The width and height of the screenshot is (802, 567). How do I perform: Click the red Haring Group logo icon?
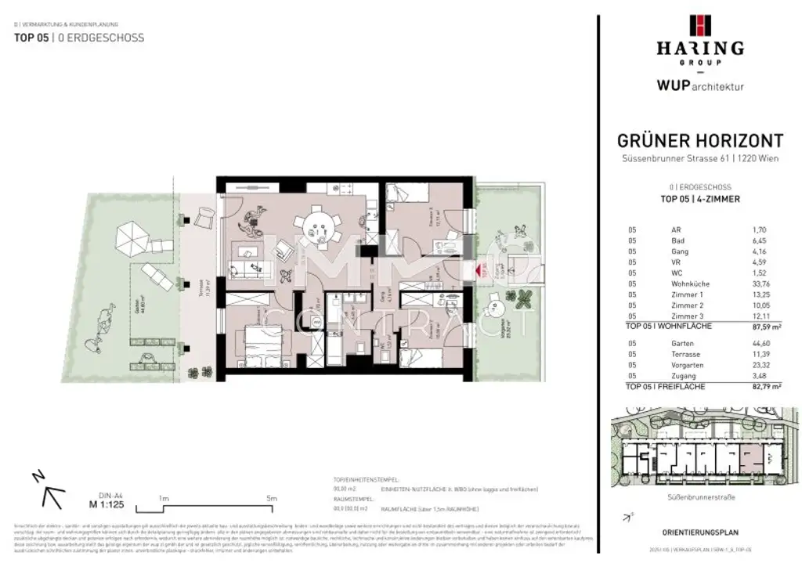(x=699, y=26)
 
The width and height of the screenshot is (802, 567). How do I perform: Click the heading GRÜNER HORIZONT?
(x=700, y=141)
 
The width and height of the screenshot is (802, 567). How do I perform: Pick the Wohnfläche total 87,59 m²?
(x=755, y=327)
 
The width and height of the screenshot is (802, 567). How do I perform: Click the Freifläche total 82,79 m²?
(x=755, y=387)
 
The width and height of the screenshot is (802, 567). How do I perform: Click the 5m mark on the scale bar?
(x=272, y=498)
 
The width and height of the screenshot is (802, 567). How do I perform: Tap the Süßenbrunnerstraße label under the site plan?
(x=700, y=497)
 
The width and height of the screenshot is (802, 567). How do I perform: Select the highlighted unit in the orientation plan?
(x=750, y=459)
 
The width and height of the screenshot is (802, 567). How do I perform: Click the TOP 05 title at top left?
(x=32, y=38)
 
